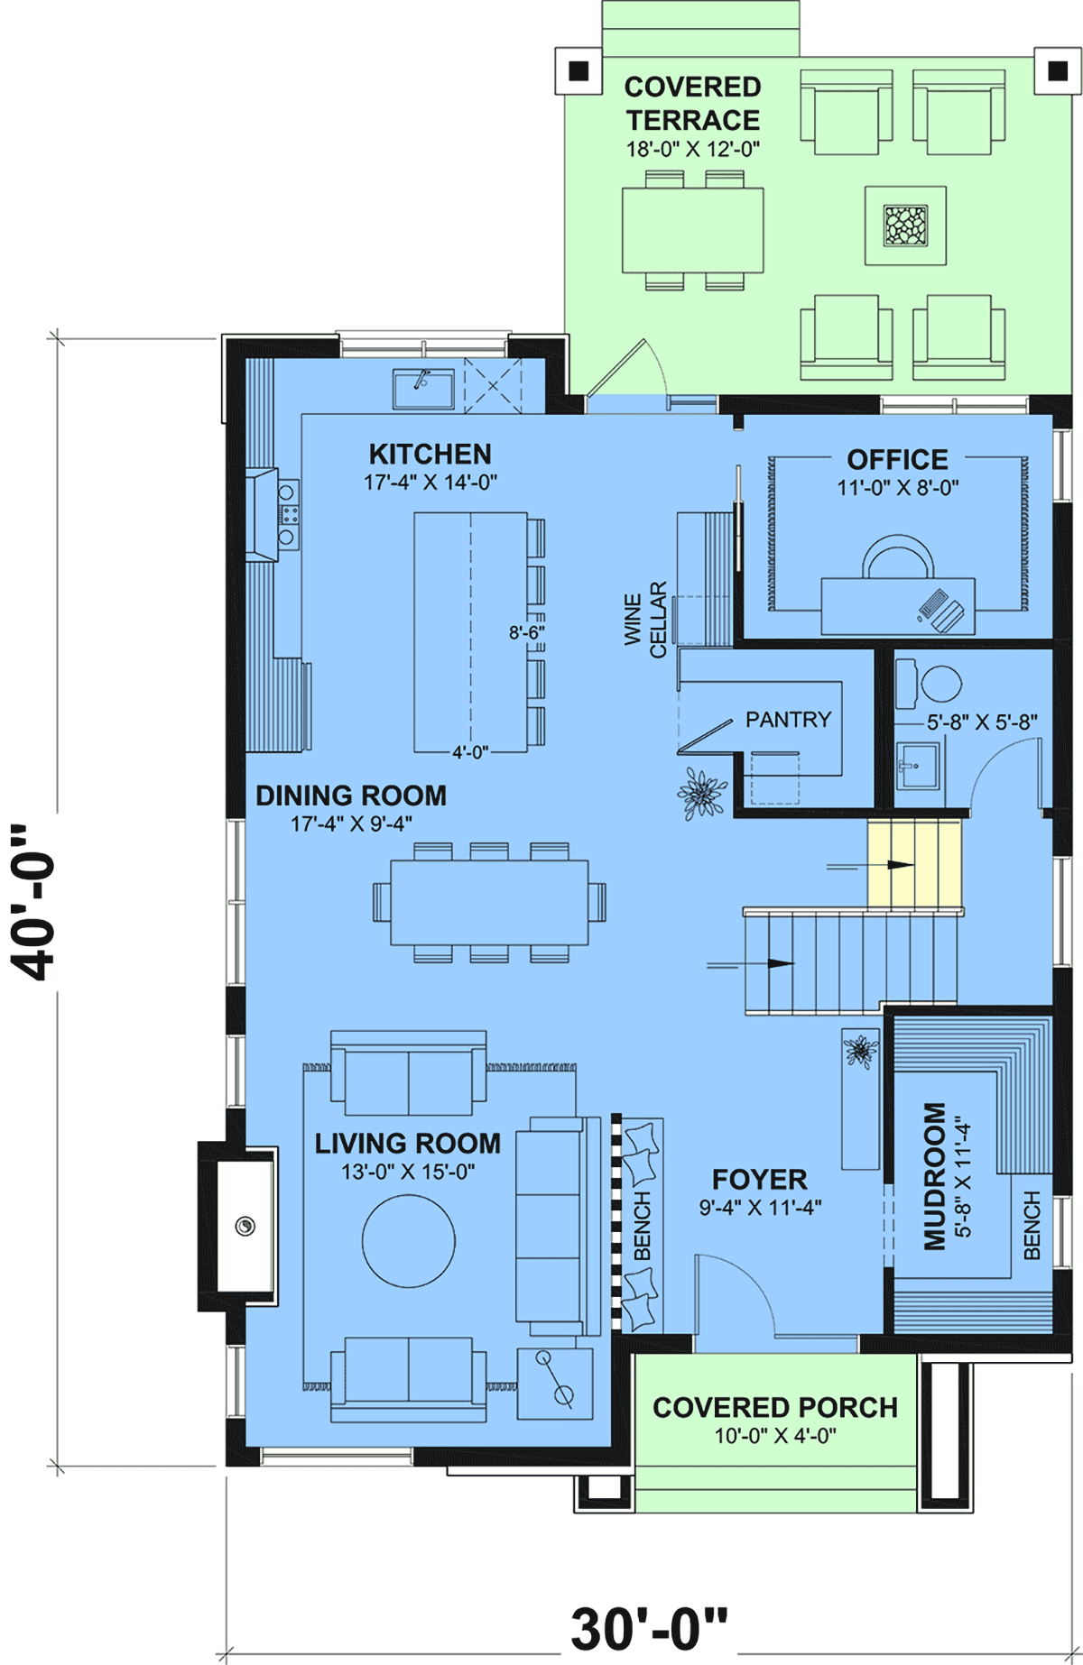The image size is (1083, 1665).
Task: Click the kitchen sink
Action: point(423,388)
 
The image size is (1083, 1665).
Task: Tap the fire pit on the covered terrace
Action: point(905,225)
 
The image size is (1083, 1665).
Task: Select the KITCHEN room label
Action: point(430,454)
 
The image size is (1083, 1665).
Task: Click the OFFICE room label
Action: point(897,460)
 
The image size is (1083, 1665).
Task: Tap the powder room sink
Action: point(917,766)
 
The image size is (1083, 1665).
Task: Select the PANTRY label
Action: point(788,719)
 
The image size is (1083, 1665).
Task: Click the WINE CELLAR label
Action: point(645,620)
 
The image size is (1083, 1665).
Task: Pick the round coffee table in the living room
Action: point(409,1240)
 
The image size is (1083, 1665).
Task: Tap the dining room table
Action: point(489,902)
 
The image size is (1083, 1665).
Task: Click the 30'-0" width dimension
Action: point(649,1629)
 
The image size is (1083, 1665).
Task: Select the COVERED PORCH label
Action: point(775,1407)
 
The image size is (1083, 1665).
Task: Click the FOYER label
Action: point(760,1179)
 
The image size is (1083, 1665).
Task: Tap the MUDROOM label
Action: point(935,1176)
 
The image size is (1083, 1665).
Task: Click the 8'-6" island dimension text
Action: point(527,632)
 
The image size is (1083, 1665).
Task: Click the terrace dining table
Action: point(693,230)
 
